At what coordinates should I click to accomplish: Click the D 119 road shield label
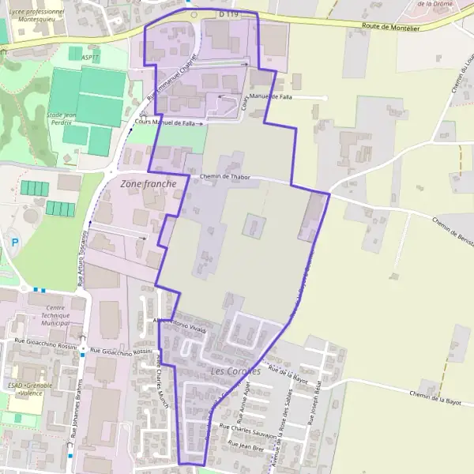228,14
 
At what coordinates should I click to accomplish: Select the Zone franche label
149,183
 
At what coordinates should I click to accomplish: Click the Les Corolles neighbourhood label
235,371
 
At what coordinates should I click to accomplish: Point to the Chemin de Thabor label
225,177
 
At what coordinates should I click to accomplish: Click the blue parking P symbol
13,243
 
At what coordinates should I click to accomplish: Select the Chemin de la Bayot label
434,397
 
